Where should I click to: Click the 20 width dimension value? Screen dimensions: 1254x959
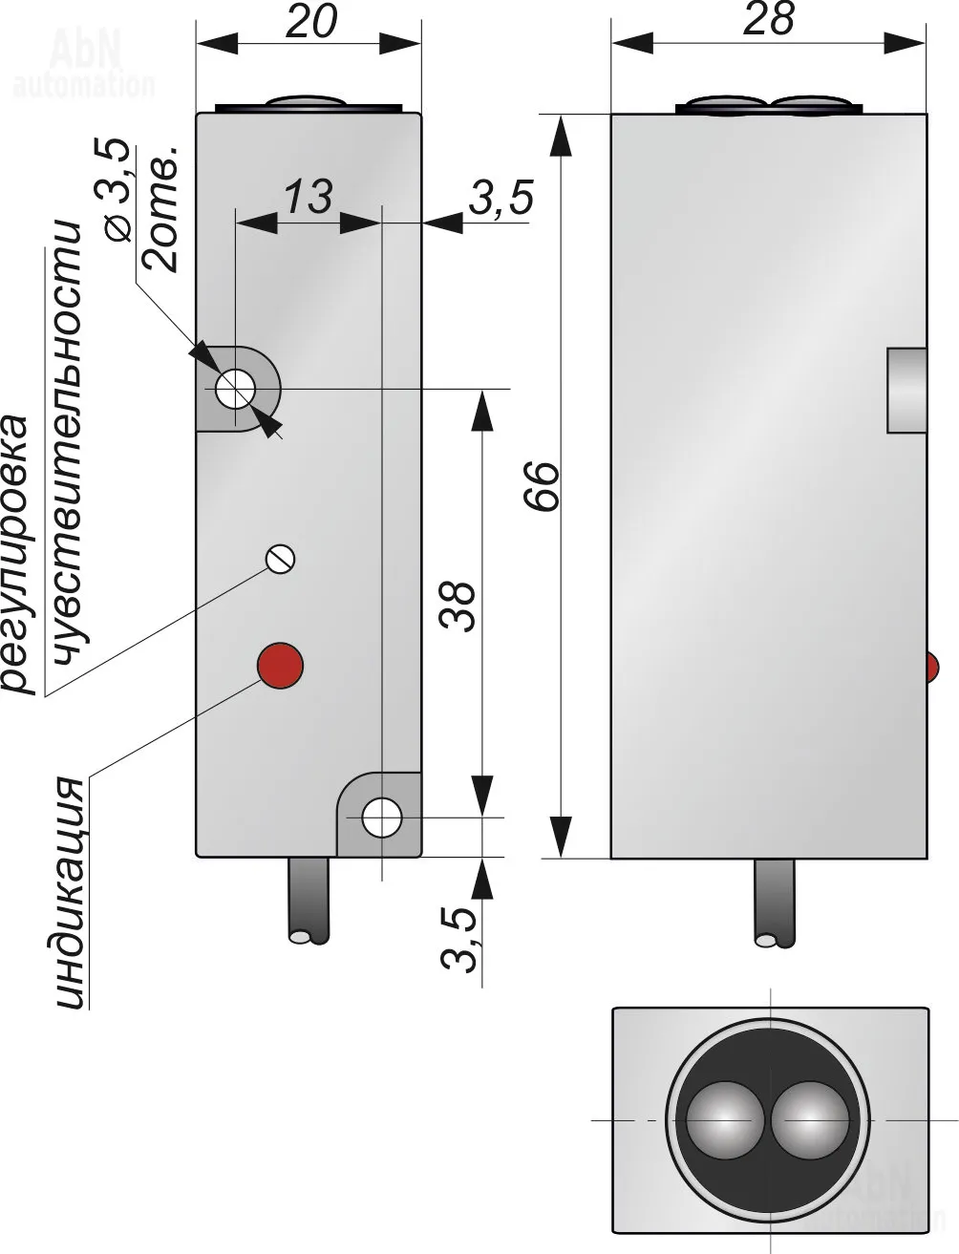pos(311,21)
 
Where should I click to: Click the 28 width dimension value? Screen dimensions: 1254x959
pos(769,19)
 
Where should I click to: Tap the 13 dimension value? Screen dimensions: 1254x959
pos(308,197)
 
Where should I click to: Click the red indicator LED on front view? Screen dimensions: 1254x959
pos(280,664)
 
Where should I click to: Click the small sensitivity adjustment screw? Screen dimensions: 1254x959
pos(281,559)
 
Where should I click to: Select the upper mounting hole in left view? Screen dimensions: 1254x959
pos(234,389)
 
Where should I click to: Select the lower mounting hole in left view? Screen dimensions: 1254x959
pos(382,818)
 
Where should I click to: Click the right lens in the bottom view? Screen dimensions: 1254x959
pos(810,1119)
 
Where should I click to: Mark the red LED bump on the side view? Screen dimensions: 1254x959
pos(933,667)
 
